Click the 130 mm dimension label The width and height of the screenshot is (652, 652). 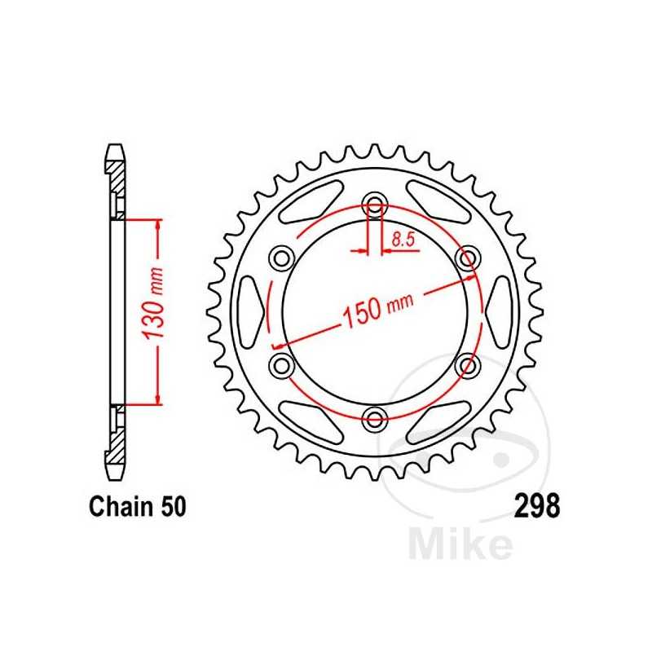156,312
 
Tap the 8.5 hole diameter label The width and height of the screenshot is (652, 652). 401,240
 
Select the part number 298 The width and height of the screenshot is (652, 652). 537,507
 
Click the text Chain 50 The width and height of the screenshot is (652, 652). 136,507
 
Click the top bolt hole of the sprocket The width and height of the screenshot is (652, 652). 375,204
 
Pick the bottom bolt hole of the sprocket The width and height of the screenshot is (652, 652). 375,420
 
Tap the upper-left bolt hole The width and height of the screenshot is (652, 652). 282,258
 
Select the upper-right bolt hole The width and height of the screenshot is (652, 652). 468,258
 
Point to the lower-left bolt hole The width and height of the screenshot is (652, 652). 282,366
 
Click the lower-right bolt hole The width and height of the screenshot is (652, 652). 468,366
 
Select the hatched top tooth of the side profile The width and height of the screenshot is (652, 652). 117,167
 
